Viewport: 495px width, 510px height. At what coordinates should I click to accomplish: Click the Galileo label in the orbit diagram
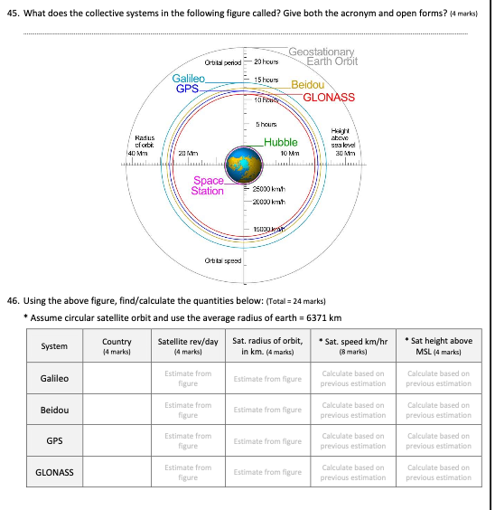[189, 78]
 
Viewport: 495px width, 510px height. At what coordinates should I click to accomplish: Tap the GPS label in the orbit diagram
[187, 89]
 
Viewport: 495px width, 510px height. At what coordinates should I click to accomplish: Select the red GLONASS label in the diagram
[329, 97]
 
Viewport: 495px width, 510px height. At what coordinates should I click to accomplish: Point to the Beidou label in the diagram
[308, 84]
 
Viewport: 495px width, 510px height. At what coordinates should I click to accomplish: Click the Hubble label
[281, 143]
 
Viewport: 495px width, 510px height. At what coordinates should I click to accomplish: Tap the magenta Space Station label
[208, 185]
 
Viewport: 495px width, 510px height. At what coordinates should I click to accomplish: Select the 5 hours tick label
[266, 124]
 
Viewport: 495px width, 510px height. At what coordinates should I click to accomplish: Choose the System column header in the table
[53, 346]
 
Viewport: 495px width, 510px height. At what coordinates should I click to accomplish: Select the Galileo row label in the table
[53, 378]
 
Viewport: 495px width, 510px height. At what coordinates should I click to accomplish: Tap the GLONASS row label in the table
[53, 472]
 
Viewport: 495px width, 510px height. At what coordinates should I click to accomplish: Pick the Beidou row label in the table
[53, 410]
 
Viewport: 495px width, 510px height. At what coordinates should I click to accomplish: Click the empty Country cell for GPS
[117, 441]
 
